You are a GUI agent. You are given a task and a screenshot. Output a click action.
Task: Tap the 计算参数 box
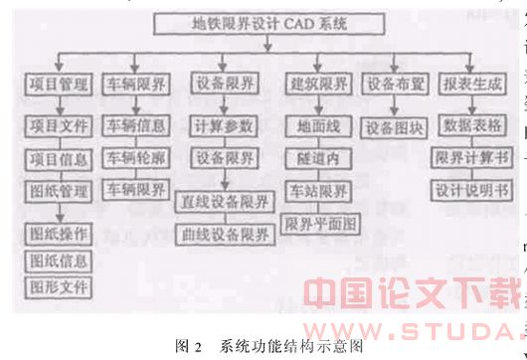224,126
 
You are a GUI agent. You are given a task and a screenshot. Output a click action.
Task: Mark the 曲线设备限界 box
225,235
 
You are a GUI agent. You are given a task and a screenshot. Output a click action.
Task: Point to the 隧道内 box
314,157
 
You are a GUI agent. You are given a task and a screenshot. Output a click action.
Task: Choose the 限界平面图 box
320,221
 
